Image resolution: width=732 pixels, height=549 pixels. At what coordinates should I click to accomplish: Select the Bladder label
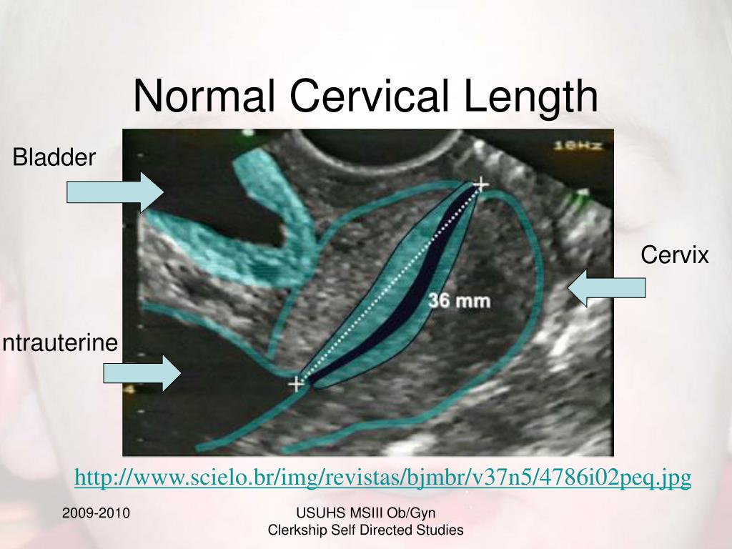[x=54, y=157]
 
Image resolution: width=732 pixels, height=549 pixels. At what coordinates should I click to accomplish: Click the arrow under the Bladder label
[x=115, y=192]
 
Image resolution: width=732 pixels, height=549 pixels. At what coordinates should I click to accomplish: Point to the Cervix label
[x=674, y=254]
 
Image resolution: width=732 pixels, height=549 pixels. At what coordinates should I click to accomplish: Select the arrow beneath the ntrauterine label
[x=142, y=373]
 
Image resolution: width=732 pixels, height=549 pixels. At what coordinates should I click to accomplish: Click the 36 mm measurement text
[x=459, y=301]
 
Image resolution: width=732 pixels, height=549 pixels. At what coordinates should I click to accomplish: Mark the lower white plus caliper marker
[x=296, y=385]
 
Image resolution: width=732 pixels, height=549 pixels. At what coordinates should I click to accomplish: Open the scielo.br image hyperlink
[x=382, y=478]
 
